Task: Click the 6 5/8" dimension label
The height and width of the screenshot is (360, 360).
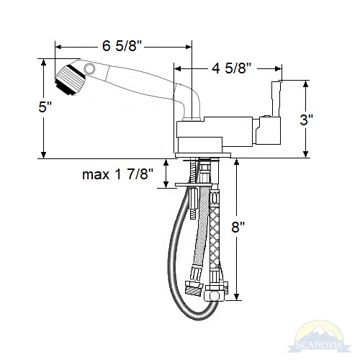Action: [x=122, y=45]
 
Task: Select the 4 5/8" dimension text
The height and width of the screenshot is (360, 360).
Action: [x=231, y=69]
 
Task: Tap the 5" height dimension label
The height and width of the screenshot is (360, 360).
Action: [x=45, y=107]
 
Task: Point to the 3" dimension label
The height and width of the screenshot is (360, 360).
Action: [x=307, y=120]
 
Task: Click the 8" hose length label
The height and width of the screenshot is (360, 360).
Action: [x=238, y=227]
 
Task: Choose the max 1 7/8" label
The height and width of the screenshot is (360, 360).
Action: [x=117, y=174]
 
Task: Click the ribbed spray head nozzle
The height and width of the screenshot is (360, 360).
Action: [x=70, y=80]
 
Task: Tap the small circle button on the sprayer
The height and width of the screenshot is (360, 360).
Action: [x=89, y=68]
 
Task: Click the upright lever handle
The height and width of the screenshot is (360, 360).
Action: [x=276, y=99]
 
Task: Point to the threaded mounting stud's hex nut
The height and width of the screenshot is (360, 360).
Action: [x=194, y=197]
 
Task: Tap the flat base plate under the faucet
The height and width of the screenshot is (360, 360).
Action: [x=203, y=156]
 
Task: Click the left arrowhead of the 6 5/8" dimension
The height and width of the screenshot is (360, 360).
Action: [x=58, y=48]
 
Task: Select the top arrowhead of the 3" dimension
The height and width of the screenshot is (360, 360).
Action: [x=305, y=84]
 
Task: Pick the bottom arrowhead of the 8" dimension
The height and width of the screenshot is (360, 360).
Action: [x=237, y=297]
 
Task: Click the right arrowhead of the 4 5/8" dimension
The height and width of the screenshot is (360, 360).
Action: [x=278, y=69]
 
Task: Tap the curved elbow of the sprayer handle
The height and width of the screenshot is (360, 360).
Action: [x=192, y=101]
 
